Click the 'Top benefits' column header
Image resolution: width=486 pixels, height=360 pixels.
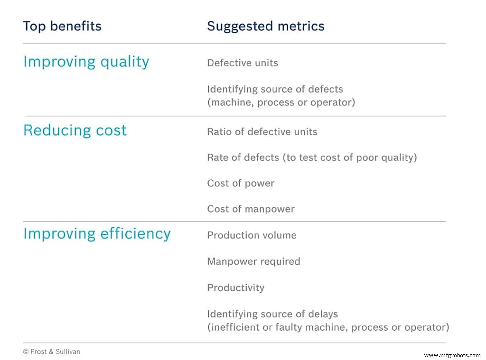coord(62,26)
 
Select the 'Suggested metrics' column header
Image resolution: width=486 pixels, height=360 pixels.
coord(266,26)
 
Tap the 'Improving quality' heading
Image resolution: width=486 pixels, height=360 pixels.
coord(86,62)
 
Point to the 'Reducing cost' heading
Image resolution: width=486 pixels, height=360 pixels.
coord(75,130)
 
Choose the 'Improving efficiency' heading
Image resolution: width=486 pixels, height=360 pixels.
coord(97,234)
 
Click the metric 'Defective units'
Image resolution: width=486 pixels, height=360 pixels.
coord(243,63)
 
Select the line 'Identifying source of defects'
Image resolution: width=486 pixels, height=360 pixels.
coord(275,89)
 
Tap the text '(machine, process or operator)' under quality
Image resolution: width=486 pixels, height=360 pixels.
coord(281,102)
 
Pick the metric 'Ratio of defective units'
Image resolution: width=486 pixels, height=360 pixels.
coord(262,132)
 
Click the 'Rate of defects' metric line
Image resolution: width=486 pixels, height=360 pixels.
coord(312,157)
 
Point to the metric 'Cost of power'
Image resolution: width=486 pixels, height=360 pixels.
coord(241,184)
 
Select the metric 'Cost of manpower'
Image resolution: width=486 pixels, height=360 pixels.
coord(251,209)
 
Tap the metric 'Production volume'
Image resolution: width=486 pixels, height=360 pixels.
coord(252,235)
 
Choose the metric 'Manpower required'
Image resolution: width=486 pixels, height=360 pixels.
coord(253,261)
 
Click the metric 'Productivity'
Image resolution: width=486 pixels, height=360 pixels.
coord(235,287)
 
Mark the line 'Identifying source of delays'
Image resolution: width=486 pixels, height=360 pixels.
coord(272,314)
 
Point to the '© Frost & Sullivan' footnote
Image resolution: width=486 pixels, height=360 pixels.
coord(52,352)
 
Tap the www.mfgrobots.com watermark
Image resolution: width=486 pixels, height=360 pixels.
coord(452,355)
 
